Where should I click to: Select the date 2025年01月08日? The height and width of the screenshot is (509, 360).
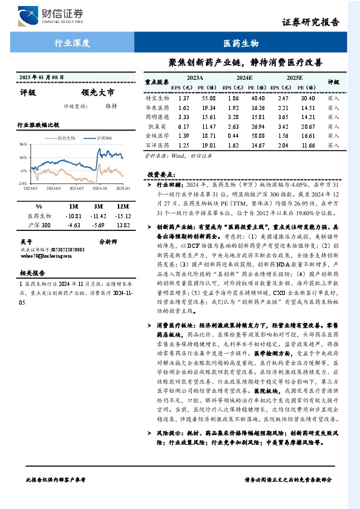[x=41, y=77]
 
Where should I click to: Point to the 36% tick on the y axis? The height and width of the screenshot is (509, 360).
[x=22, y=144]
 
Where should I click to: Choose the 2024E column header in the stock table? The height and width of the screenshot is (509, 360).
[x=244, y=79]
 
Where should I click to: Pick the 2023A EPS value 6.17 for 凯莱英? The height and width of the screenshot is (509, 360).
[x=185, y=126]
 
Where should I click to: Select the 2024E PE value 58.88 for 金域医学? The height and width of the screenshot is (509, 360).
[x=258, y=136]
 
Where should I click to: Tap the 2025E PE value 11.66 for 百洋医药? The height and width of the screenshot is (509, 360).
[x=308, y=146]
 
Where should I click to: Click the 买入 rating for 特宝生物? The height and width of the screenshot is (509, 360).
[x=333, y=98]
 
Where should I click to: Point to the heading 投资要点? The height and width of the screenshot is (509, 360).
[x=162, y=174]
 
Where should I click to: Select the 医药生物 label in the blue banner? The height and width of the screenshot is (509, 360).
[x=241, y=44]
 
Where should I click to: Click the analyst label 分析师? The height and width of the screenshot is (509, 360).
[x=107, y=241]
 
